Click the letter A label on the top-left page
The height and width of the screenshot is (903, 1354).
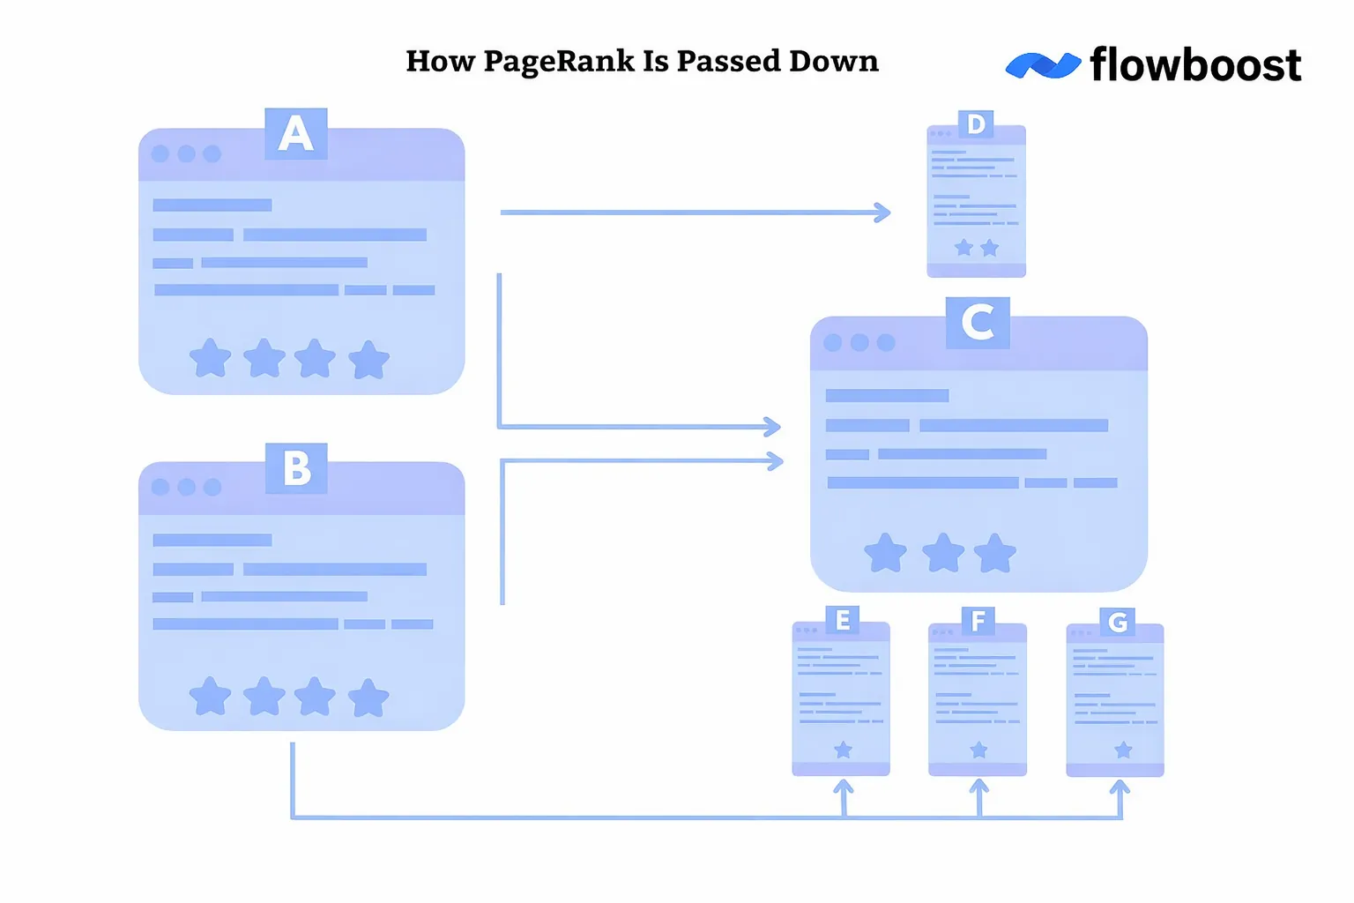click(x=296, y=134)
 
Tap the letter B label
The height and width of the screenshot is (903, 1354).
click(x=296, y=468)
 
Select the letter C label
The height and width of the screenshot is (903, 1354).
click(x=978, y=323)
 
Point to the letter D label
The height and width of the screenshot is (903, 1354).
click(x=976, y=124)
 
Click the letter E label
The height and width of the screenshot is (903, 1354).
click(x=843, y=621)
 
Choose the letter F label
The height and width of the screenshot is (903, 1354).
click(x=978, y=622)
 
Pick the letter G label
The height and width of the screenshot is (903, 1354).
click(x=1118, y=623)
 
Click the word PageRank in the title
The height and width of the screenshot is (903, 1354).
click(x=559, y=62)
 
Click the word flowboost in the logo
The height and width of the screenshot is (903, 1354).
click(x=1195, y=65)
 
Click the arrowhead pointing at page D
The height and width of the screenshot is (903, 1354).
click(x=882, y=213)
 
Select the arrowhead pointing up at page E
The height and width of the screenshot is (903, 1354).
click(x=844, y=787)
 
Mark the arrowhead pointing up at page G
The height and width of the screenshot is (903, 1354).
click(x=1120, y=787)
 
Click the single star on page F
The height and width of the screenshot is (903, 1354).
click(x=978, y=750)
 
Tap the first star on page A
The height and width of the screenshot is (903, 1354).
click(x=211, y=359)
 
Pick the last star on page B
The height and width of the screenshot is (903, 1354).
click(x=368, y=698)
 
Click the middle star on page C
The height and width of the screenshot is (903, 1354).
click(x=942, y=553)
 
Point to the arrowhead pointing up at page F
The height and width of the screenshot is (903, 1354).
click(x=978, y=787)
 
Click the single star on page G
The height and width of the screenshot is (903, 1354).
click(x=1123, y=750)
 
